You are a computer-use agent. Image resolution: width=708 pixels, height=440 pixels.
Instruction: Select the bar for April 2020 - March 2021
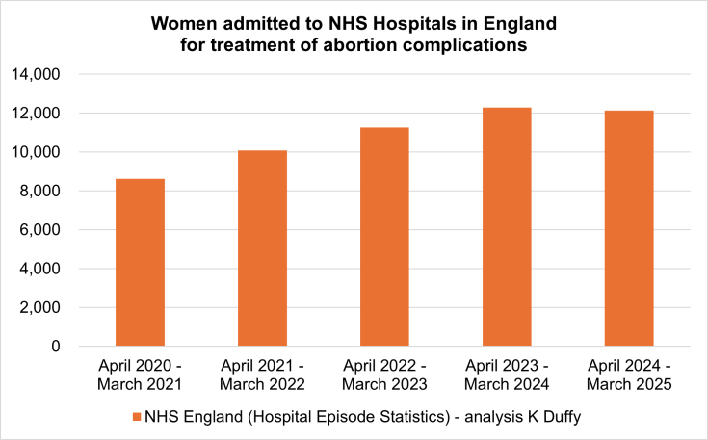coord(140,262)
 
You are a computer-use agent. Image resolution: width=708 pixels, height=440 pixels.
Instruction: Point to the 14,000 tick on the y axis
coord(35,75)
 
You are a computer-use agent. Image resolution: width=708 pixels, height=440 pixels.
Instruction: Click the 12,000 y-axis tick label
coord(35,114)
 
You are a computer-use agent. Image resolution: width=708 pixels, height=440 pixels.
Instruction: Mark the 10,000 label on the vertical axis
coord(35,152)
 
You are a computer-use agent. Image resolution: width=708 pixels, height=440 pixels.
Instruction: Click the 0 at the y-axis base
coord(56,347)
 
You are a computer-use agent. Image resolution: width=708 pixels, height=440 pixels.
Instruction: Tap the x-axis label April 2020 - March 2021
coord(140,375)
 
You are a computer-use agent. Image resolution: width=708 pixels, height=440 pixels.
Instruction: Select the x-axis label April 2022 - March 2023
coord(384,375)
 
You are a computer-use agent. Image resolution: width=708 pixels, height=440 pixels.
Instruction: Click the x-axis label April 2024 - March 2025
coord(629,375)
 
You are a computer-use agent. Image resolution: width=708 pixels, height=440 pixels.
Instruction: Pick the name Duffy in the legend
coord(556,418)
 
